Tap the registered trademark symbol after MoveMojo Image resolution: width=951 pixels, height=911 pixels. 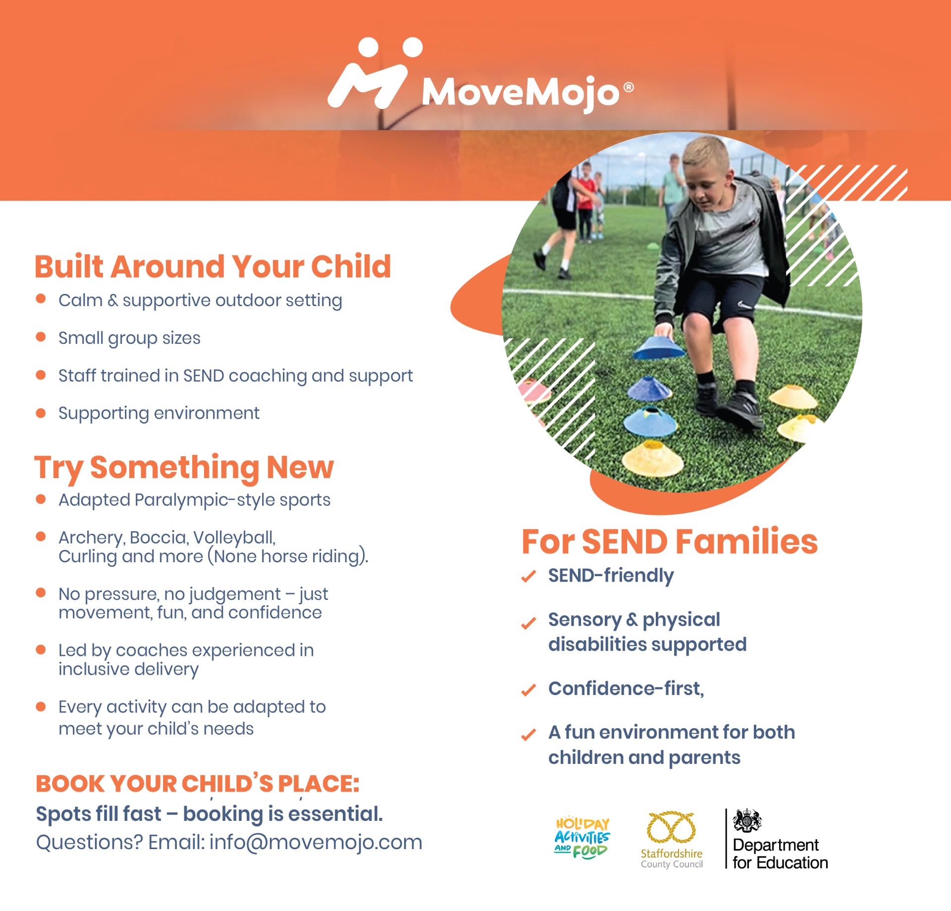(x=628, y=88)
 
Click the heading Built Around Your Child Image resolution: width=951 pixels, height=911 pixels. (x=212, y=267)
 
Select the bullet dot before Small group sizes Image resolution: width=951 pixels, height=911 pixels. (x=41, y=337)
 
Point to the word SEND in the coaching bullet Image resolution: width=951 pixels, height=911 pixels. (x=204, y=376)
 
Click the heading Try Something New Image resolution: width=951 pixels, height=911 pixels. (x=184, y=467)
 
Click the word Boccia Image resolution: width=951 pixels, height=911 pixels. (x=158, y=537)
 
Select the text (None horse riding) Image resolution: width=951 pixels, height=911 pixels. (x=288, y=556)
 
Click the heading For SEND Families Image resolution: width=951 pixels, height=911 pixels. (x=669, y=541)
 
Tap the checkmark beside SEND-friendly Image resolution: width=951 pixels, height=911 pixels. (x=528, y=576)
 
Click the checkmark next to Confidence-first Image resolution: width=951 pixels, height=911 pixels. (x=528, y=690)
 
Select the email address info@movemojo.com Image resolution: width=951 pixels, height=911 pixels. (x=316, y=842)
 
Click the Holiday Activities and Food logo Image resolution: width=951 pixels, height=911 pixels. (x=582, y=837)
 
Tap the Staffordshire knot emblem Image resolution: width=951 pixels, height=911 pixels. (x=671, y=827)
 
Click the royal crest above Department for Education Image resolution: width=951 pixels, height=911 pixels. (x=747, y=821)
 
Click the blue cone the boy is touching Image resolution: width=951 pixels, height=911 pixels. (x=659, y=348)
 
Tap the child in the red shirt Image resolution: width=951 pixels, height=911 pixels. (x=586, y=198)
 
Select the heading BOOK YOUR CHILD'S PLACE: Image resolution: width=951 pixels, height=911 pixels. (x=197, y=784)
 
